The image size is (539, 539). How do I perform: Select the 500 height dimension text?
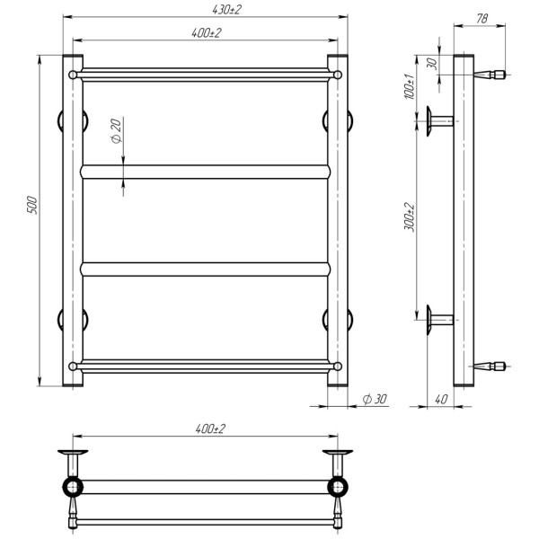tap(31, 205)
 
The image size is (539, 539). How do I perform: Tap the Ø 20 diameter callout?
tap(116, 130)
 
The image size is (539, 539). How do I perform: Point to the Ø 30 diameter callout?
tap(375, 399)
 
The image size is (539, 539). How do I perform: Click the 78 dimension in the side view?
tap(482, 19)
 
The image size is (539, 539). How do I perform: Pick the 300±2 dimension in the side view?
tap(410, 217)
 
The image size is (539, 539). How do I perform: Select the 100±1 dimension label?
tap(410, 86)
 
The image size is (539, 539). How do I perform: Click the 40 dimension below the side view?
tap(441, 399)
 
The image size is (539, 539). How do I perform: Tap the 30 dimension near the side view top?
tap(433, 64)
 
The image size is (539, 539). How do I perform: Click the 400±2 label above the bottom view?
tap(210, 429)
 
